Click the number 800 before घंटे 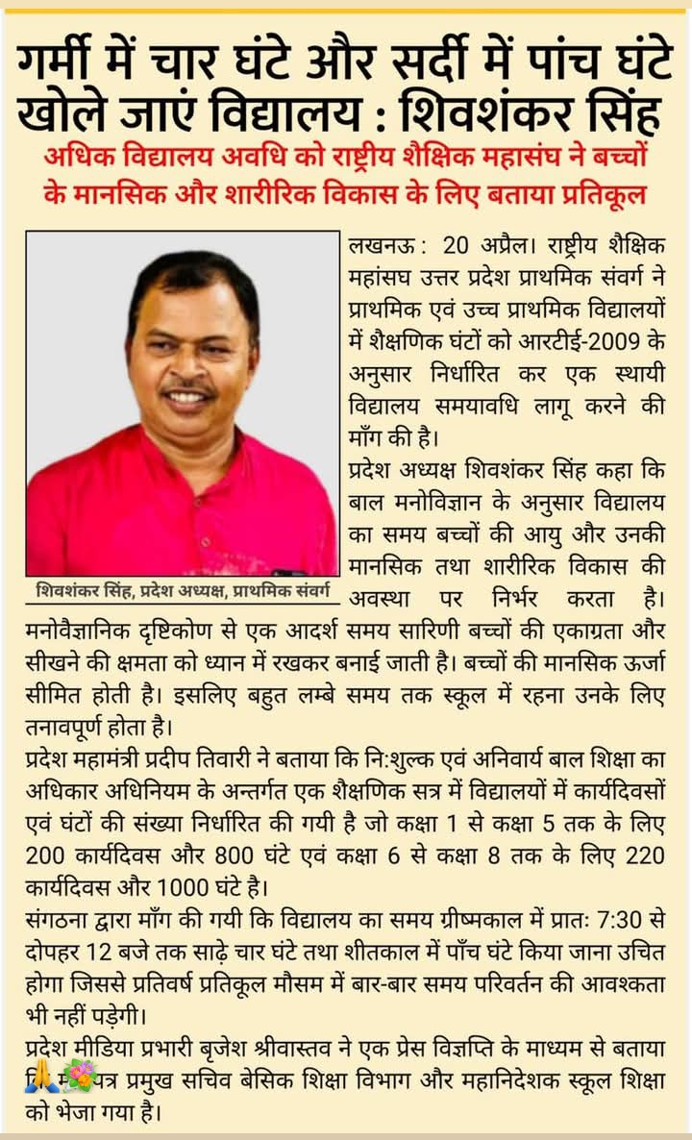click(229, 854)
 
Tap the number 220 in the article click(644, 854)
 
